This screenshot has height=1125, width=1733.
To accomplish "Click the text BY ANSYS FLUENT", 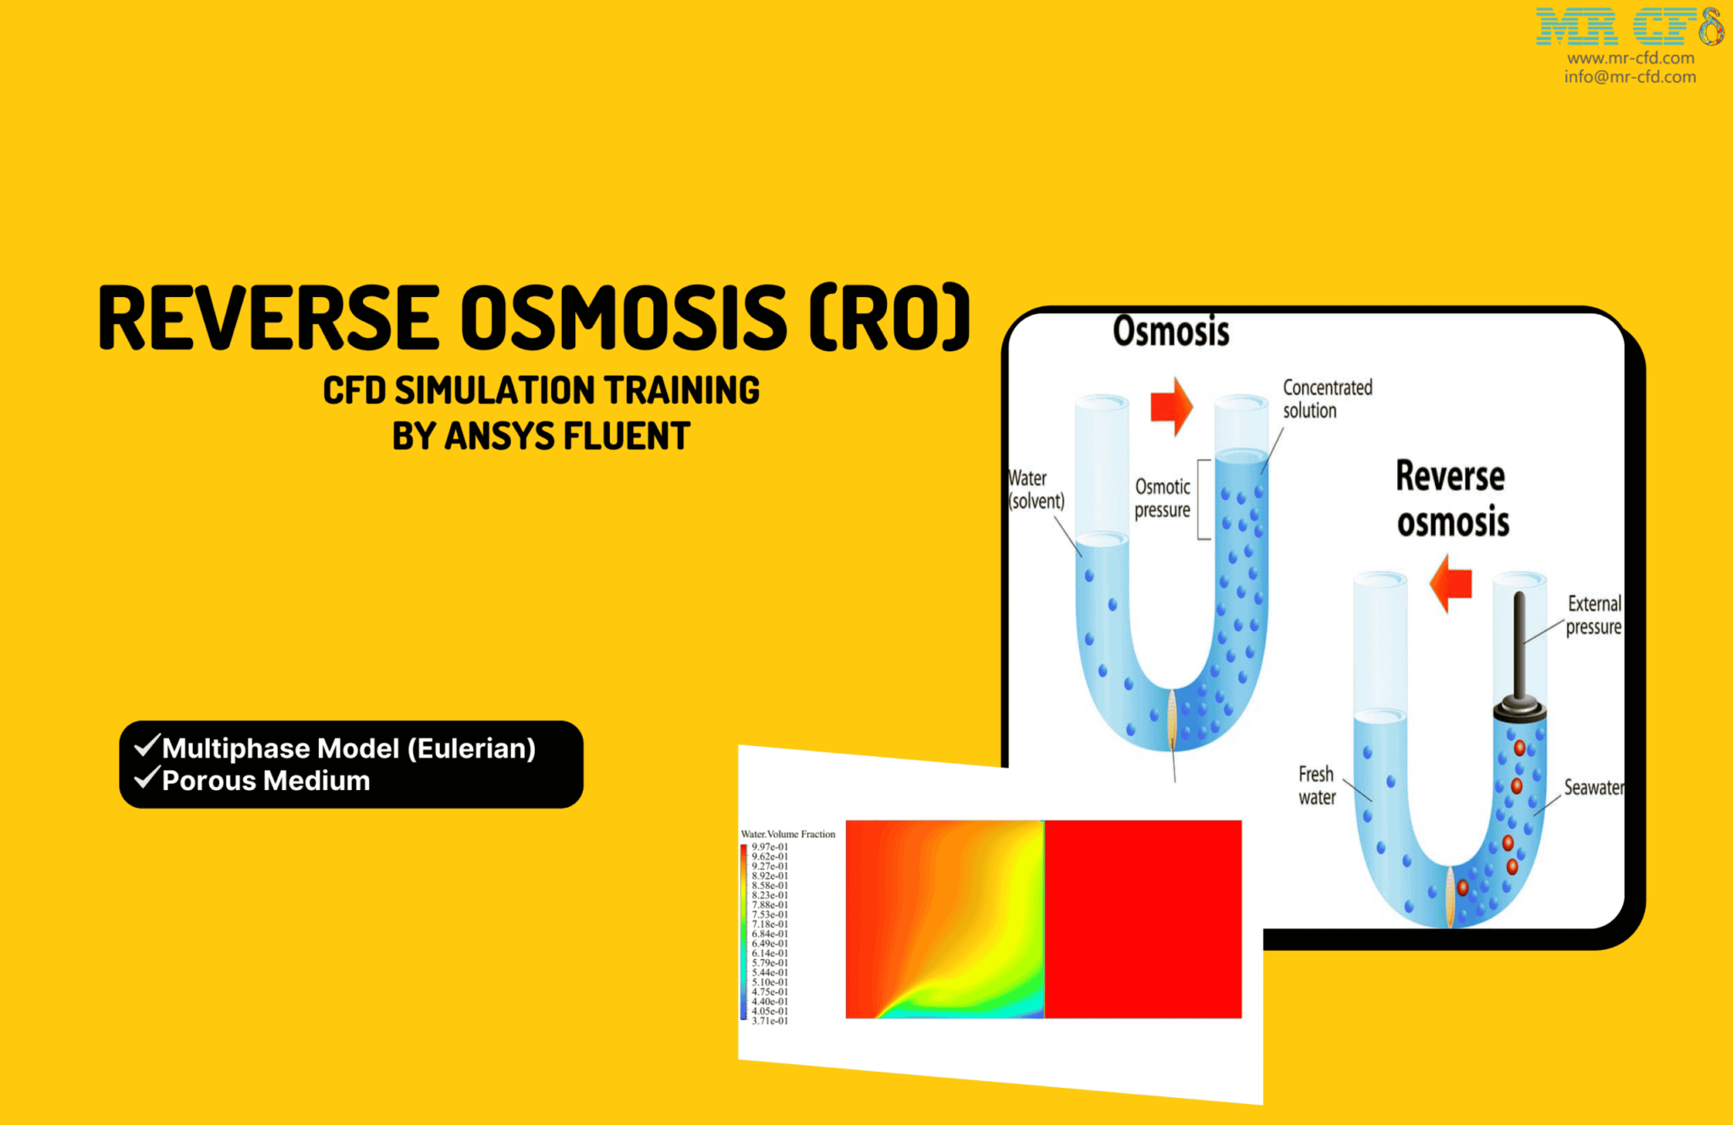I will point(541,436).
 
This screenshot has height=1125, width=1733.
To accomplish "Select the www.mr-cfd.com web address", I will point(1630,58).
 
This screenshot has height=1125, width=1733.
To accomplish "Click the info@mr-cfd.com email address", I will point(1630,77).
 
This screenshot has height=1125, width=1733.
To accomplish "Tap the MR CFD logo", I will point(1628,26).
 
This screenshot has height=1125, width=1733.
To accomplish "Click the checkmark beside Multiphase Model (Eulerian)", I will point(147,745).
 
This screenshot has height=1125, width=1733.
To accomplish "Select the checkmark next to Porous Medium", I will point(147,777).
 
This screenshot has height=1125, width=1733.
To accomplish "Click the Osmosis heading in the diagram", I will point(1170,331).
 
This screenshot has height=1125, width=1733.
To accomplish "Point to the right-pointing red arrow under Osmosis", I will point(1172,407).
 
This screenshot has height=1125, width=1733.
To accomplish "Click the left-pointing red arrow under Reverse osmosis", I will point(1451,584).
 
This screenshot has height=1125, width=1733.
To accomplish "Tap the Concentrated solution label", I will point(1327,399).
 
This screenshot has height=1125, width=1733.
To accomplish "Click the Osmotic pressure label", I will point(1162,498).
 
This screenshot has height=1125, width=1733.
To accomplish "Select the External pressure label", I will point(1593,615).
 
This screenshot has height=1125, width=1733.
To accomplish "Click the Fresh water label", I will point(1317,786).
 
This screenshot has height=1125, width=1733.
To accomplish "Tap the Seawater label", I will point(1593,787).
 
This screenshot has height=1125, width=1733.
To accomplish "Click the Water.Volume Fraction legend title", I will point(788,834).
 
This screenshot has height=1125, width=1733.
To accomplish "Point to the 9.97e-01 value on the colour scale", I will point(769,847).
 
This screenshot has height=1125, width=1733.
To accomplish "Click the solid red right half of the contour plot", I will point(1143,919).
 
